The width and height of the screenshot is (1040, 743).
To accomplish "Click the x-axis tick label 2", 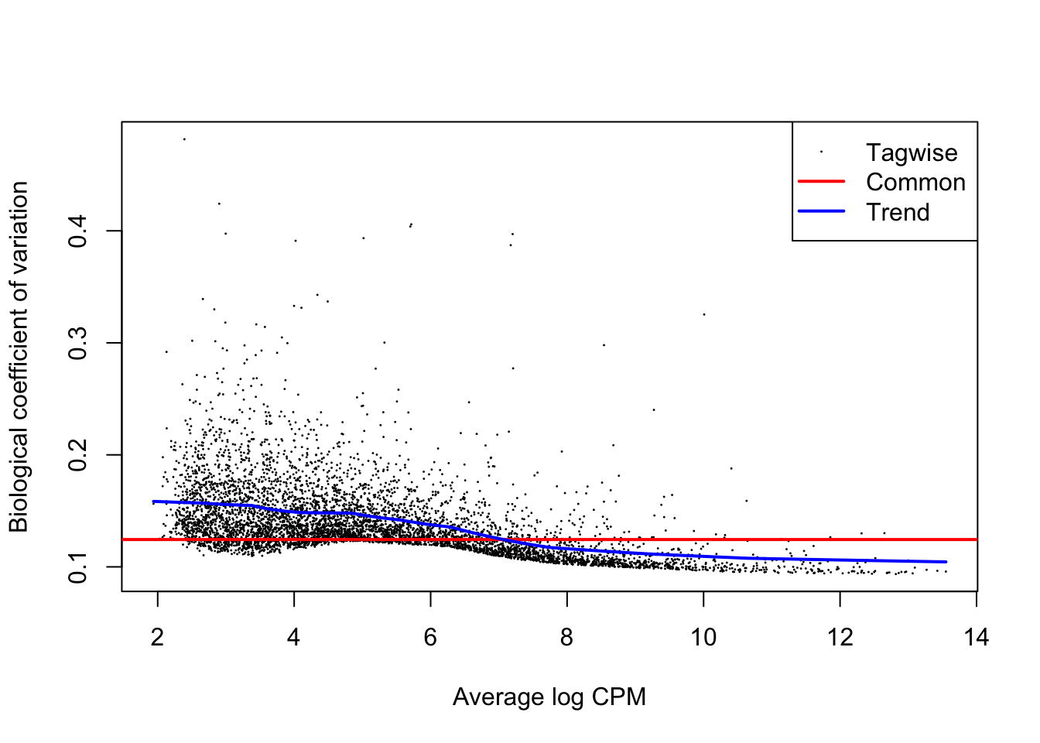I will click(157, 637).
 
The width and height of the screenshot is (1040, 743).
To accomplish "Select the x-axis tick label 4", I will click(294, 637).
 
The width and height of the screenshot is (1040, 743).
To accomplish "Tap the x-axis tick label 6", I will click(430, 637).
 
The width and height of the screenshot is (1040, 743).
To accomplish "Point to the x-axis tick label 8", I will click(567, 637).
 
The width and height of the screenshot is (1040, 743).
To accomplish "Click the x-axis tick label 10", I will click(703, 637).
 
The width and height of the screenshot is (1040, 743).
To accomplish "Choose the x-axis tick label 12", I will click(840, 637).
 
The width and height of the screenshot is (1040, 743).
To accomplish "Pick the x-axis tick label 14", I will click(977, 637).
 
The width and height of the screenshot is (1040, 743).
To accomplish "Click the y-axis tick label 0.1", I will click(78, 567).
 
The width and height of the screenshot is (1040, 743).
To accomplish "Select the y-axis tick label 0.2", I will click(78, 455).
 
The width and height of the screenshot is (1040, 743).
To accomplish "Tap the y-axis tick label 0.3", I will click(78, 343).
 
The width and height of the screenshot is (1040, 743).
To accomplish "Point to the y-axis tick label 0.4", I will click(78, 231).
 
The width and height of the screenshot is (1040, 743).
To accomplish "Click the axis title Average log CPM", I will click(549, 697).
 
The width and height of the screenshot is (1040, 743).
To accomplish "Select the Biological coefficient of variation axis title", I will click(19, 357).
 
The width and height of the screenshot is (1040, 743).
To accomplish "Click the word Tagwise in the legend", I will click(912, 153).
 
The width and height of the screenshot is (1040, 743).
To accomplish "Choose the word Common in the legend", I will click(915, 183).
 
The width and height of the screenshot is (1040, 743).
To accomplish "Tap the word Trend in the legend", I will click(898, 212).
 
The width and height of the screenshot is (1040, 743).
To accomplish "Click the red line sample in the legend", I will click(821, 181).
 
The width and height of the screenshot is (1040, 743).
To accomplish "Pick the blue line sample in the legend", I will click(821, 211).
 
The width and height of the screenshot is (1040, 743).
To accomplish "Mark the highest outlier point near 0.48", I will click(184, 139).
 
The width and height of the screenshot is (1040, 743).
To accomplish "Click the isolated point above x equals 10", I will click(704, 314).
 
